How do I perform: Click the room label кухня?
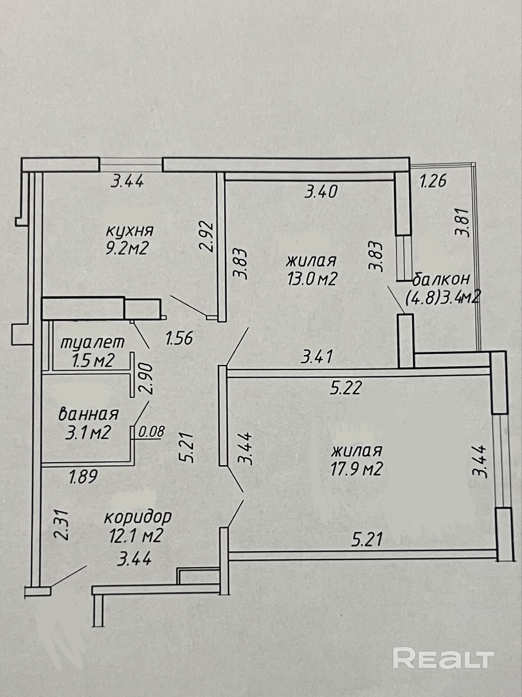(x=130, y=231)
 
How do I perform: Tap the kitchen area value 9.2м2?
(x=128, y=249)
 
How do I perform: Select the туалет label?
(x=93, y=343)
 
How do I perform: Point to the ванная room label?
(x=88, y=414)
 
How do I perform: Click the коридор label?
(x=138, y=517)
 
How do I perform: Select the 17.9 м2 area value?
(x=357, y=469)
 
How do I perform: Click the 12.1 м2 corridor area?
(x=136, y=536)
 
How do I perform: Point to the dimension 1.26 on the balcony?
(x=433, y=182)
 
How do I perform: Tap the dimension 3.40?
(x=321, y=192)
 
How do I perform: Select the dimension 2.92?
(x=206, y=235)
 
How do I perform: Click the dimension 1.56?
(x=179, y=338)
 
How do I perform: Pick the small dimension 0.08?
(x=151, y=432)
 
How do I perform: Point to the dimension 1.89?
(x=84, y=476)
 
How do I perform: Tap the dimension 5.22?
(x=346, y=388)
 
